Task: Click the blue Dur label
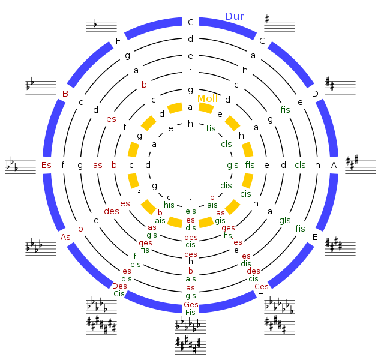pos(235,17)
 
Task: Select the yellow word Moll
pos(208,98)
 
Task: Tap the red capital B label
pos(65,94)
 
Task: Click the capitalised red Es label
pos(46,165)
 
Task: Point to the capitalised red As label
pos(65,237)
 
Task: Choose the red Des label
pos(119,286)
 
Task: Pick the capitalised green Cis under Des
pos(119,294)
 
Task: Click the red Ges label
pos(191,304)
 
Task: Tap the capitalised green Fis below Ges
pos(190,312)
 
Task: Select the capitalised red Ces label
pos(262,286)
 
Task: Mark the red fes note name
pos(236,242)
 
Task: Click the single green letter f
pos(134,256)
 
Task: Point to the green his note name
pos(169,205)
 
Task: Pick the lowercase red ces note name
pos(190,254)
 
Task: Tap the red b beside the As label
pos(80,229)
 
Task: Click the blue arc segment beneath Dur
pos(228,28)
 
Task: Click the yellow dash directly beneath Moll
pos(206,108)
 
